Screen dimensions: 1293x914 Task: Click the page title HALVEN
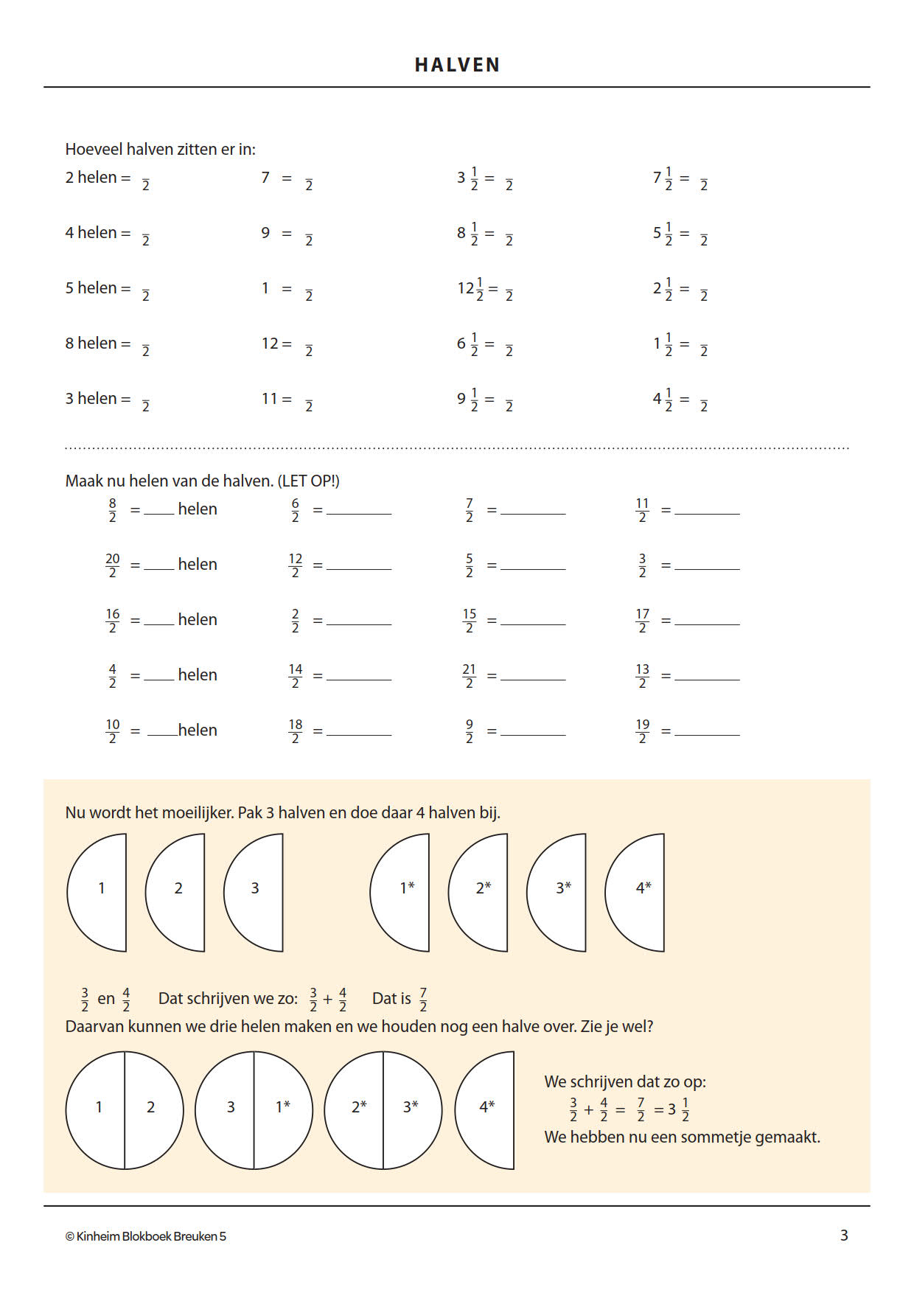tap(457, 65)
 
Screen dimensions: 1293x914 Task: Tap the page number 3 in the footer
tap(844, 1235)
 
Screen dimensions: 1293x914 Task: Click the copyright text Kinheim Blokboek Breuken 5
tap(146, 1236)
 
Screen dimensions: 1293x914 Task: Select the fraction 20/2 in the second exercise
tap(112, 565)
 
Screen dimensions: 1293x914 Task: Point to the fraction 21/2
tap(469, 675)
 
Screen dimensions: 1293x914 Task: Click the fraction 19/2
tap(642, 731)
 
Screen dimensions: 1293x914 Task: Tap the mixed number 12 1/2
tap(470, 288)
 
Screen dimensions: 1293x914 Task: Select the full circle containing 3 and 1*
tap(254, 1109)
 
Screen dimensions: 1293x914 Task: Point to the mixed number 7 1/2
tap(662, 178)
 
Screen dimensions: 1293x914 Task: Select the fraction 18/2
tap(295, 731)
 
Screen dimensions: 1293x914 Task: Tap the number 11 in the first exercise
tap(269, 399)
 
